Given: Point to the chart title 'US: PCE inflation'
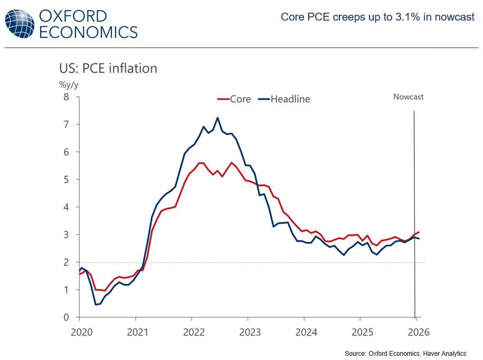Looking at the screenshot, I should (108, 69).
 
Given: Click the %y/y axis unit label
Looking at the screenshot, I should (69, 84).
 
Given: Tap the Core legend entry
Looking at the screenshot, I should (234, 99).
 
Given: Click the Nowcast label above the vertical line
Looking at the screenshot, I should (408, 97).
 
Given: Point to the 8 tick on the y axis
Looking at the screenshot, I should (66, 97).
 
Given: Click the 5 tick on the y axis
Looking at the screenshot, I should (66, 179).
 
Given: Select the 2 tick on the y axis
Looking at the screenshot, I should (66, 262).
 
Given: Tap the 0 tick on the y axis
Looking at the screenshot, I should (66, 317).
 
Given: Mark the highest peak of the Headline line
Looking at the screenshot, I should (217, 118).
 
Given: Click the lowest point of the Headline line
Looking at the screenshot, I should (96, 305).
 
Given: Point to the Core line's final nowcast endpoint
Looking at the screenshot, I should (419, 232).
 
